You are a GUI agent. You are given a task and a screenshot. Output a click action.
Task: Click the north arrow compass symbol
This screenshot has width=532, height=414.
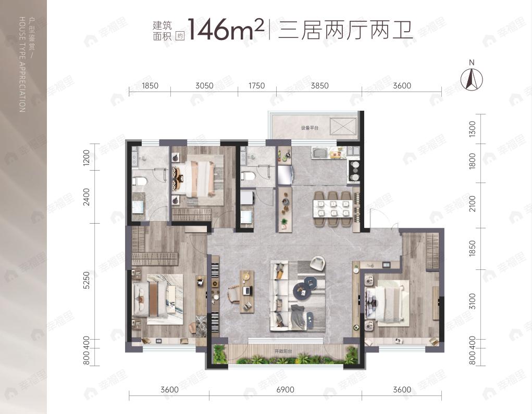click(472, 79)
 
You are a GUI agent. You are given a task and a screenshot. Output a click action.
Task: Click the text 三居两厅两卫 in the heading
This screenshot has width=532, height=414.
click(345, 30)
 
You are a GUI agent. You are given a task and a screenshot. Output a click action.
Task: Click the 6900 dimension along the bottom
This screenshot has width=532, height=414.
click(286, 390)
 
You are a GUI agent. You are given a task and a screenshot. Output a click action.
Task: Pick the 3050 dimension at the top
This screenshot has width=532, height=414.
click(204, 86)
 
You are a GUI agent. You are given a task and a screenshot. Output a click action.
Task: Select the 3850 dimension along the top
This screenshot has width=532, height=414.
click(319, 86)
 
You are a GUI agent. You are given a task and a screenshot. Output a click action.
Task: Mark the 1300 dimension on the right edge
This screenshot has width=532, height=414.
click(473, 128)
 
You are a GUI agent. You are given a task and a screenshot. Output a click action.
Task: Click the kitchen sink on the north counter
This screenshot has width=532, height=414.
click(319, 153)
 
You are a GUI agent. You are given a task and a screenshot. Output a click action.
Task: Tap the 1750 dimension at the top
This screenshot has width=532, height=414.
click(256, 86)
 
